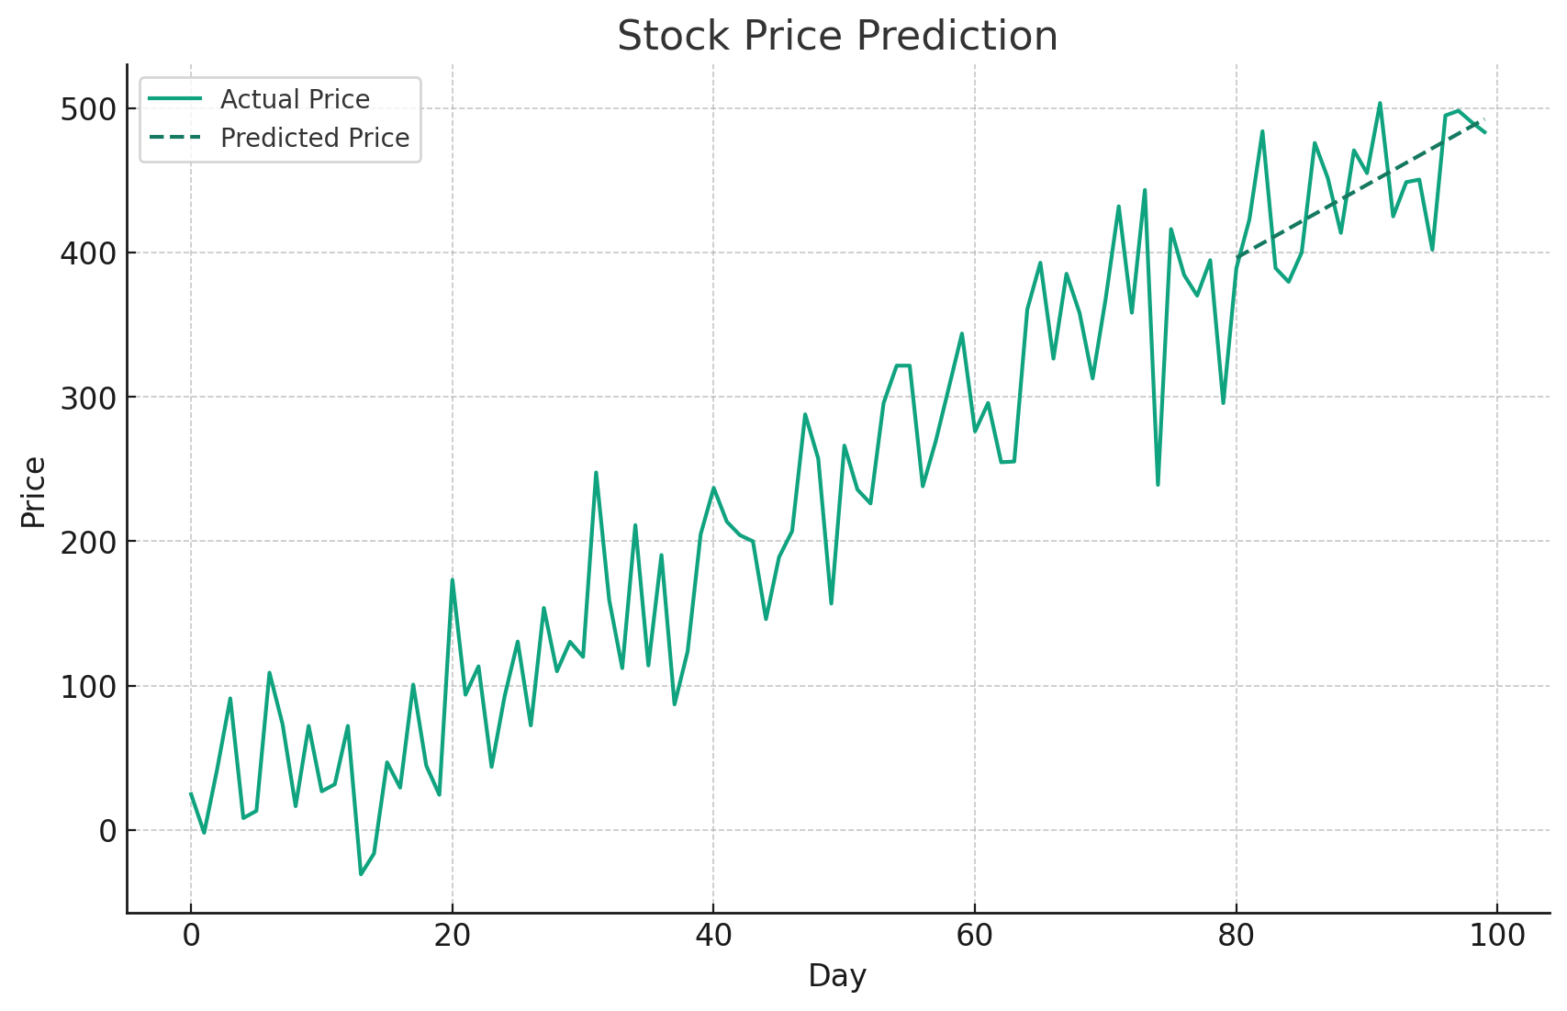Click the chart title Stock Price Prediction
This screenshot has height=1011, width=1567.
(836, 37)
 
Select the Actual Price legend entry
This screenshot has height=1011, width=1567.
(294, 99)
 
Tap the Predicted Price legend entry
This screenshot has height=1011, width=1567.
(314, 138)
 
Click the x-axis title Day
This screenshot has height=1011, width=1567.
(836, 976)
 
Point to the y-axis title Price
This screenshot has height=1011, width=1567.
(33, 492)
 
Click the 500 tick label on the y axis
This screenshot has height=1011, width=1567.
(88, 109)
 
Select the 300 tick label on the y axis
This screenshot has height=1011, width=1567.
(88, 398)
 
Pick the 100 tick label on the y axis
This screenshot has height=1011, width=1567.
(88, 687)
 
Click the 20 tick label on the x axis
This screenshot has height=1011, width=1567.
(452, 937)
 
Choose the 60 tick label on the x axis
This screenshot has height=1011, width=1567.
(975, 937)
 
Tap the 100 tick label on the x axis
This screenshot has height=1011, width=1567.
(1497, 937)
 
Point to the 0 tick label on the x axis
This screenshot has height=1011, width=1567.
(191, 937)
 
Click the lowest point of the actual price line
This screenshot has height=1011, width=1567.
(361, 873)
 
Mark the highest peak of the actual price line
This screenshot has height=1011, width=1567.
(1380, 103)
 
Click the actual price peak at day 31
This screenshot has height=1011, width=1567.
(596, 473)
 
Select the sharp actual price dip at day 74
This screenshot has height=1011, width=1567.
(1158, 484)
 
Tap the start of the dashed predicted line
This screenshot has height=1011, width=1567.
(1237, 257)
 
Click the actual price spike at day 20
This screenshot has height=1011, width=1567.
(452, 579)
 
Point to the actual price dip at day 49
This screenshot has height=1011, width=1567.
(831, 603)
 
